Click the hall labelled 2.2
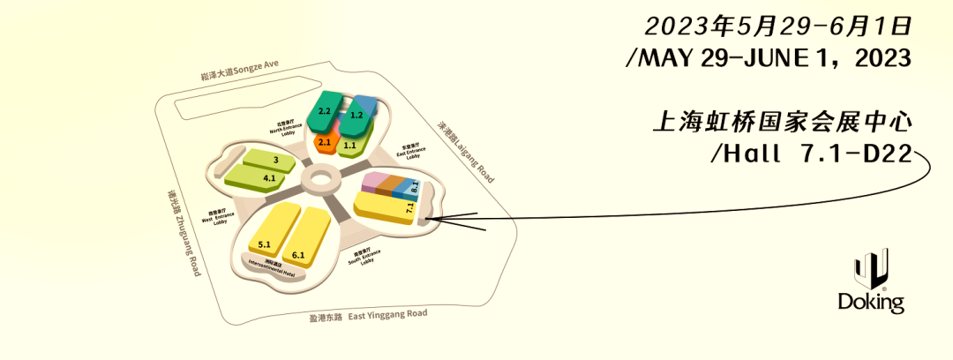click(x=324, y=112)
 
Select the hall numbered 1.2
click(x=356, y=115)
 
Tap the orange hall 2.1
click(x=324, y=141)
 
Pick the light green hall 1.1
click(x=349, y=145)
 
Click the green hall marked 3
click(x=275, y=160)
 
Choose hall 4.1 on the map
click(x=269, y=177)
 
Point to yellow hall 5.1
click(x=264, y=243)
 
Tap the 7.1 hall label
click(x=409, y=208)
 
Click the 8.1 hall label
click(x=414, y=186)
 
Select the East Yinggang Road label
click(x=368, y=315)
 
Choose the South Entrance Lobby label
click(x=364, y=257)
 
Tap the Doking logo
click(x=871, y=282)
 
